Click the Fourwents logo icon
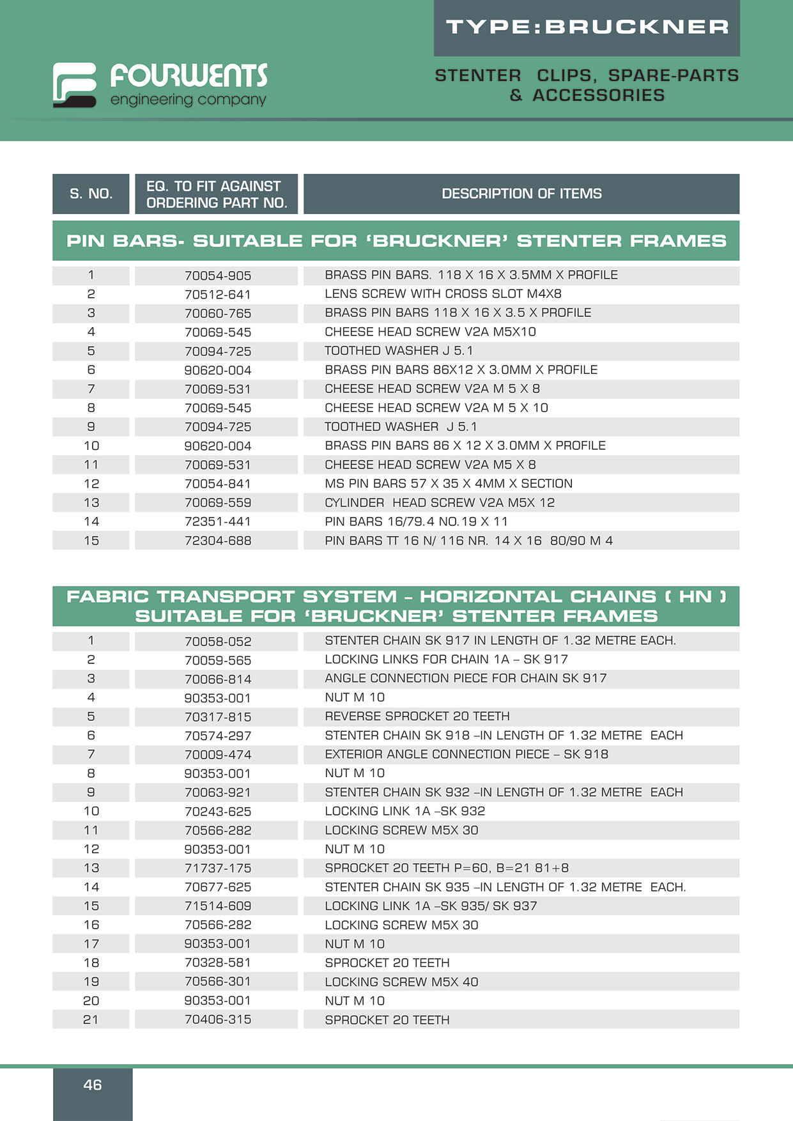75,84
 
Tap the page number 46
93,1085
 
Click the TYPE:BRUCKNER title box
587,27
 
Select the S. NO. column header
91,194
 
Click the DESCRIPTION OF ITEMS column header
521,194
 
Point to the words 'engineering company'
188,100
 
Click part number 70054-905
217,275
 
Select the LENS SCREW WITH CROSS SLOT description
443,294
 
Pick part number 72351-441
217,522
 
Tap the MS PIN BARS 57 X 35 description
448,484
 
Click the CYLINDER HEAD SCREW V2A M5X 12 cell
440,503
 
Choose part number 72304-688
217,541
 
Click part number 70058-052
217,641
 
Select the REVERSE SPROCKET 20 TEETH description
417,716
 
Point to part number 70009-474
217,755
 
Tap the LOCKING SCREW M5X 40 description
401,982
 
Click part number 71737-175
217,868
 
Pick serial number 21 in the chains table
91,1019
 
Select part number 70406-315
217,1019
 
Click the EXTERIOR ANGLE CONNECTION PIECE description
466,755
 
